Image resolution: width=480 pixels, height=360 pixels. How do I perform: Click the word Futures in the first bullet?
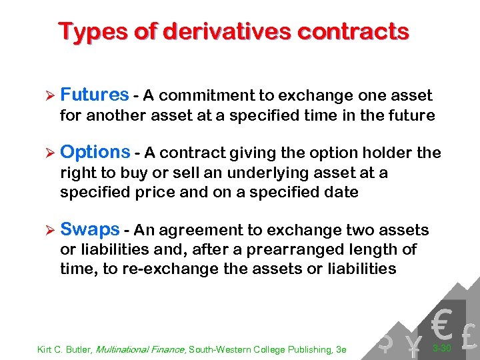[94, 95]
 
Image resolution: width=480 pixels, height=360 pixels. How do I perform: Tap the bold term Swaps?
[89, 230]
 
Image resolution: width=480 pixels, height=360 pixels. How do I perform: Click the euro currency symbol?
[441, 323]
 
